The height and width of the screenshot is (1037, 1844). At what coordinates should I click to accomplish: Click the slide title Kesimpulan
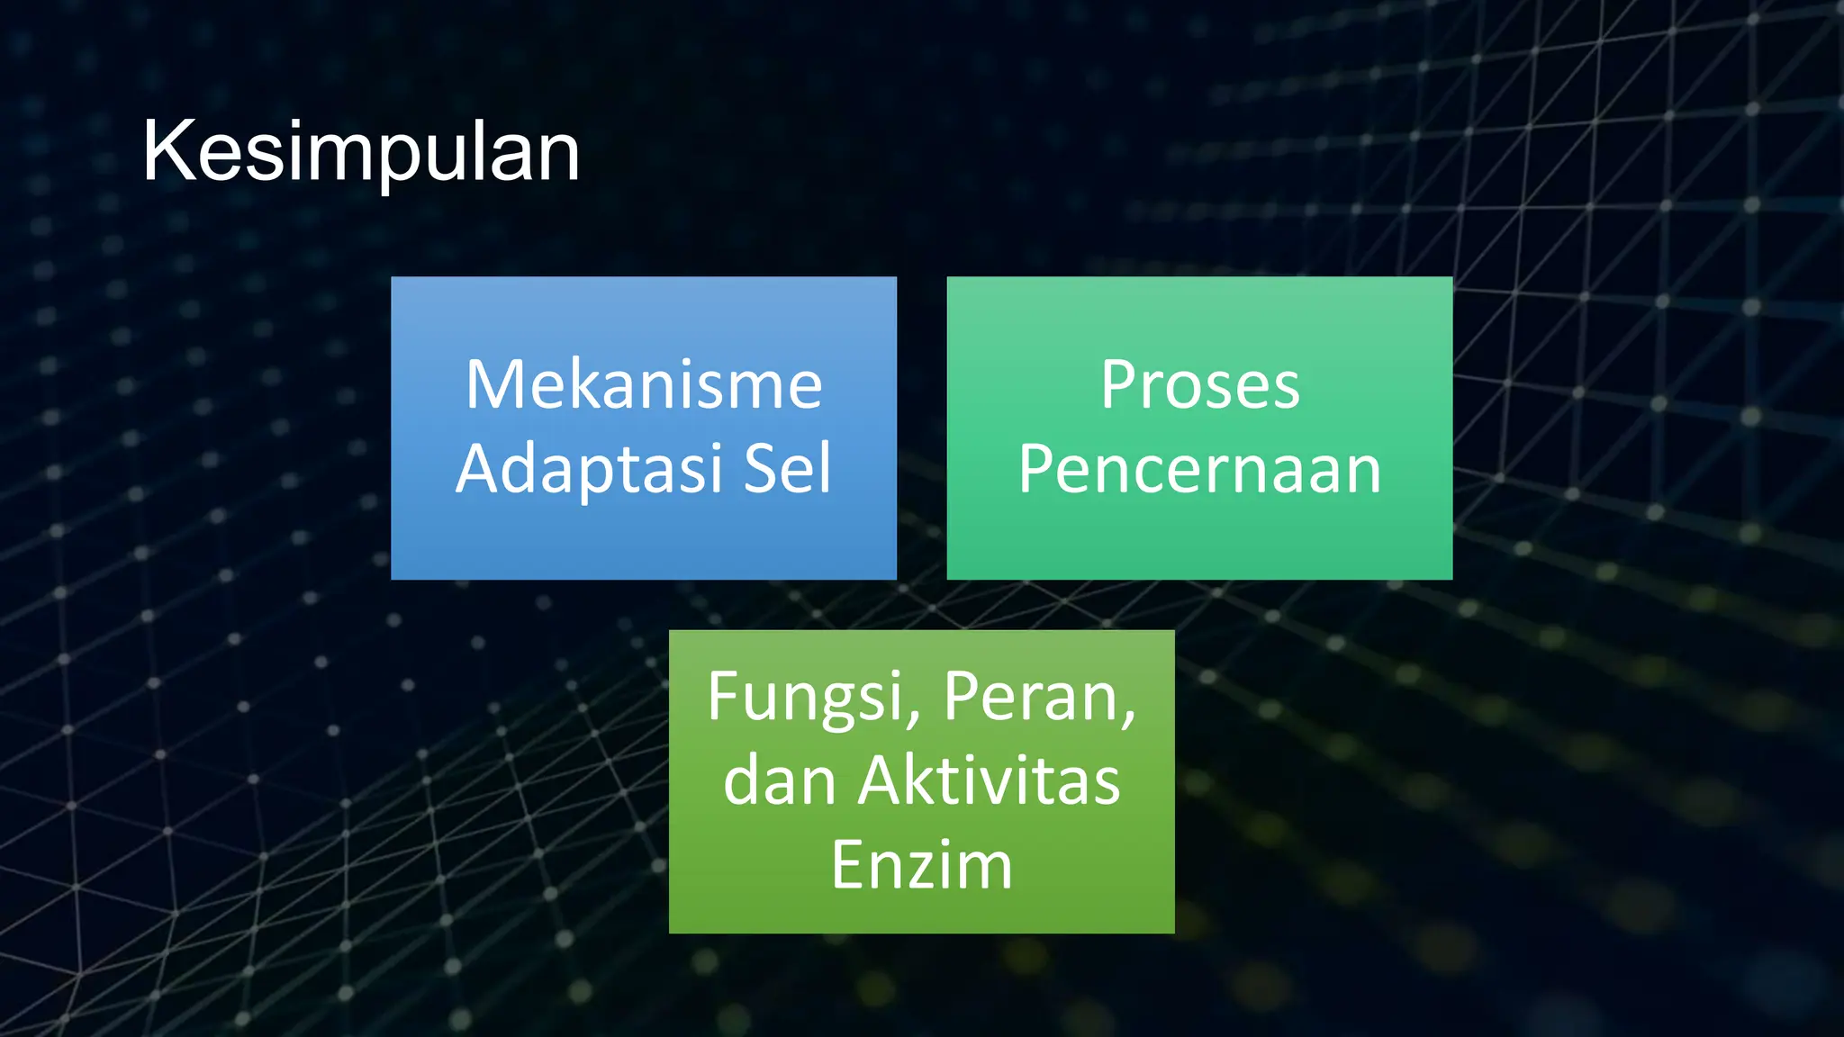point(360,151)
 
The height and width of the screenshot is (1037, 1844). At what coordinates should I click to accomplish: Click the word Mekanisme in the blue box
point(644,385)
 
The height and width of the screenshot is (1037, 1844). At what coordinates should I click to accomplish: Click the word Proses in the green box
point(1199,385)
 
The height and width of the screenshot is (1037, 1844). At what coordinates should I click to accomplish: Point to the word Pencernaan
point(1199,470)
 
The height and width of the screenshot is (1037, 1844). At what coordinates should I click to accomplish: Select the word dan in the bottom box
point(780,780)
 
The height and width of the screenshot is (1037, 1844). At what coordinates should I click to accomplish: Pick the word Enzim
point(922,865)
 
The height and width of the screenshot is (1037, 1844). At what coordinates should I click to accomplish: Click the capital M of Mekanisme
point(493,385)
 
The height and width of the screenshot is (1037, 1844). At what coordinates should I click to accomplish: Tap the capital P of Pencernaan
point(1038,469)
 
